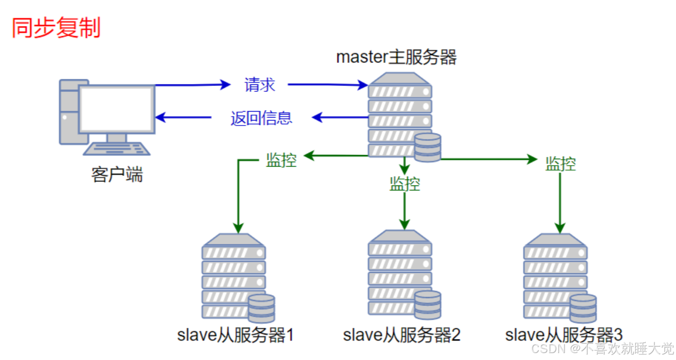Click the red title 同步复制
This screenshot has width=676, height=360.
click(56, 28)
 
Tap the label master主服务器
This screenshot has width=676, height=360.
click(396, 57)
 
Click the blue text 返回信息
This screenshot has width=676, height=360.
click(261, 118)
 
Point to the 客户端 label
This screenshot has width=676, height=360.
click(117, 175)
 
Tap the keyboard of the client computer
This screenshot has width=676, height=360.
click(117, 148)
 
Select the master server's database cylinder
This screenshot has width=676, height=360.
click(427, 147)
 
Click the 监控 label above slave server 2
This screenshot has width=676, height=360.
click(405, 184)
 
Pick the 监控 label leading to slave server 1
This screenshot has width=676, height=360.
click(281, 160)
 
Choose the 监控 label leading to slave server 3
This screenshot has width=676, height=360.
click(560, 163)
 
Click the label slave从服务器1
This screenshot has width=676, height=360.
click(236, 336)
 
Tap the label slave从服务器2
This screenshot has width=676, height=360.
click(401, 336)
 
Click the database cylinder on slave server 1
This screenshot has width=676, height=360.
click(261, 308)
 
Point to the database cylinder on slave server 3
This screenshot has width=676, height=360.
click(583, 308)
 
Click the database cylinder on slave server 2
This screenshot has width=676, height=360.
click(427, 305)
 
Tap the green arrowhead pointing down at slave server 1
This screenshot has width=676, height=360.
click(238, 228)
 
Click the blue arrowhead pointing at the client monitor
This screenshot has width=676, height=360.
click(160, 118)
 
